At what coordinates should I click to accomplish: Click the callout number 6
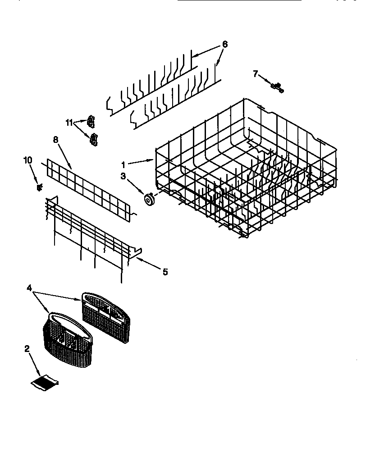[225, 44]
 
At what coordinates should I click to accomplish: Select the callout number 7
[256, 74]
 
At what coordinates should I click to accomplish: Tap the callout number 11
[69, 122]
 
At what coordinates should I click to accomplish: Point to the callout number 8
[55, 140]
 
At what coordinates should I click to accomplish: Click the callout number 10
[28, 160]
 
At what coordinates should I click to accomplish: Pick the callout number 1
[123, 165]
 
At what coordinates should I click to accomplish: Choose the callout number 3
[123, 176]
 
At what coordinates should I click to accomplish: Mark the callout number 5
[165, 272]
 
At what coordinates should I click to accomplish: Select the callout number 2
[27, 348]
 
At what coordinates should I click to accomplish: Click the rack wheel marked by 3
[148, 198]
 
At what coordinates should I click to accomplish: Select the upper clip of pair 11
[92, 121]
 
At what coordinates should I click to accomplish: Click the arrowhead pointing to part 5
[137, 259]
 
